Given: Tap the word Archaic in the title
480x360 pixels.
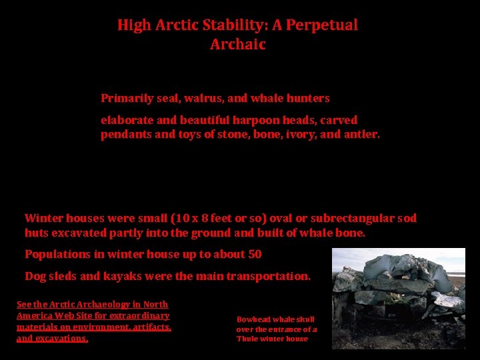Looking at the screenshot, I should [x=237, y=45].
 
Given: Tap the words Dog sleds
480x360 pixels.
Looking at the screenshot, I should [x=51, y=276].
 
